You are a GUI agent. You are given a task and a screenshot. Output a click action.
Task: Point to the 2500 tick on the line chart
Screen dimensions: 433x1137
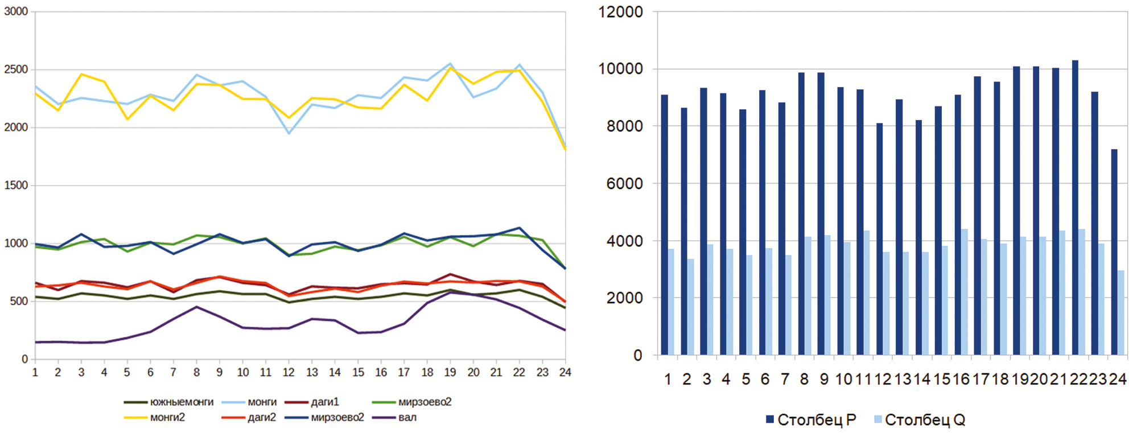point(16,69)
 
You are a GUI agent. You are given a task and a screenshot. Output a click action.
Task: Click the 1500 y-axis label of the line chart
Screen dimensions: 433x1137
point(16,185)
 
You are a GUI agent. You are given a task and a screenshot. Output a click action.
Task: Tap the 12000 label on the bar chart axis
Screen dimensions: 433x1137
point(620,12)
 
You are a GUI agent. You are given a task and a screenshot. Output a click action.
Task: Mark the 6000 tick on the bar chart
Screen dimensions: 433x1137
point(624,184)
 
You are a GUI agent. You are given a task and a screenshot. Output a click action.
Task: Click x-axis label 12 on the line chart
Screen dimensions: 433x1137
point(289,372)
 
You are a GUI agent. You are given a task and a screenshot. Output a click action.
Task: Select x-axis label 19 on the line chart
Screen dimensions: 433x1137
point(450,372)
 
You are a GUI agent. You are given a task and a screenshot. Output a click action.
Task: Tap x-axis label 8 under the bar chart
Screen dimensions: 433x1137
point(804,380)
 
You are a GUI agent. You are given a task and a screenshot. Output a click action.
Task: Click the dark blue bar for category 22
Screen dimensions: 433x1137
point(1075,208)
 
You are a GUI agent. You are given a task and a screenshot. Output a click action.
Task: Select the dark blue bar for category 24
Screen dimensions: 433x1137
point(1114,252)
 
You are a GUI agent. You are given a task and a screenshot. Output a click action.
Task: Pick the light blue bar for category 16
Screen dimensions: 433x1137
point(965,292)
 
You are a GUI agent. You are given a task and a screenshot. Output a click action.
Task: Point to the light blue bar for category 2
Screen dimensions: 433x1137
point(691,307)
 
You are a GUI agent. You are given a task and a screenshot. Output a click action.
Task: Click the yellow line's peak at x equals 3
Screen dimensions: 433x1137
point(81,74)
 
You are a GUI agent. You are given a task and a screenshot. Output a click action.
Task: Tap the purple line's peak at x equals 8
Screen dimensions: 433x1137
point(196,307)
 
